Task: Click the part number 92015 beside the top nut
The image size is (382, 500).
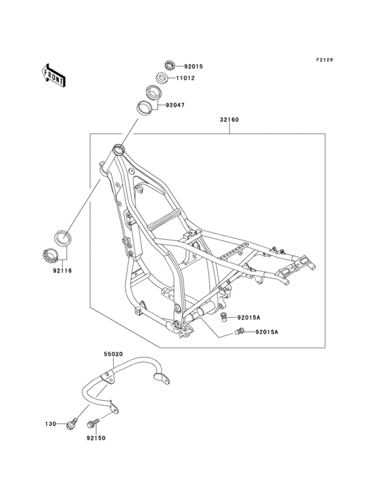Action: pyautogui.click(x=194, y=66)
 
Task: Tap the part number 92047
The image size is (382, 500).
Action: pyautogui.click(x=175, y=106)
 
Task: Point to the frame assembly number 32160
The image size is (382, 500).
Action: pyautogui.click(x=229, y=121)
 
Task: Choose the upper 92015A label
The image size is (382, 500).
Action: pyautogui.click(x=250, y=318)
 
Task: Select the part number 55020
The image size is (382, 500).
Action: pyautogui.click(x=113, y=355)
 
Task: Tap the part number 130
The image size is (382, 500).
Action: pyautogui.click(x=50, y=424)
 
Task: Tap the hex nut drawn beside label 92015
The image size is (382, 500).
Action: pyautogui.click(x=170, y=66)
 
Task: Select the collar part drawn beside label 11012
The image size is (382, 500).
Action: pyautogui.click(x=163, y=77)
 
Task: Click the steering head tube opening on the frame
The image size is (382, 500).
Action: pyautogui.click(x=119, y=146)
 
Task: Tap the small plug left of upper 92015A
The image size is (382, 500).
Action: pyautogui.click(x=223, y=318)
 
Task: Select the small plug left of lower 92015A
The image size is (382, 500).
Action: pyautogui.click(x=239, y=332)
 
